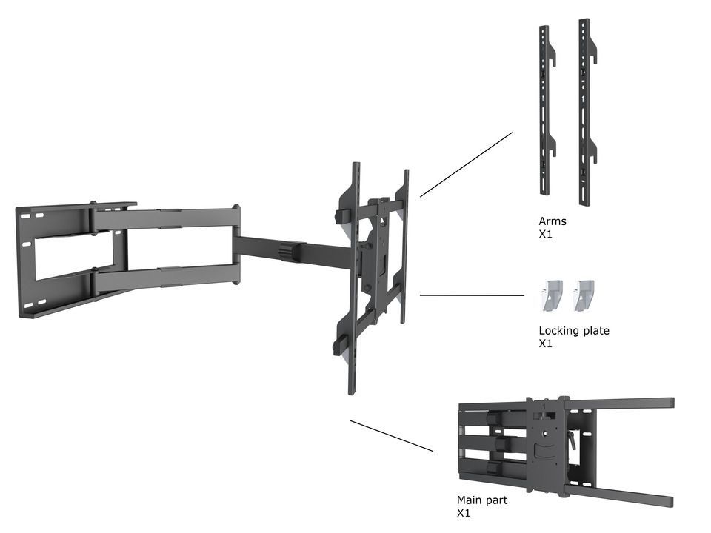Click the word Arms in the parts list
coord(552,221)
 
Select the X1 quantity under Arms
coord(545,234)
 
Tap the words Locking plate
coord(574,331)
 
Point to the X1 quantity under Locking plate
coord(545,343)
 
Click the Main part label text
coord(481,500)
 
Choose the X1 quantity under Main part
coord(463,513)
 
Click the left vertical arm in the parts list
coord(545,111)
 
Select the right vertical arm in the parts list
coord(585,111)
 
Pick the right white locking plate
coord(586,295)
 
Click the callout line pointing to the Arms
coord(466,164)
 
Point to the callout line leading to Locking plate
coord(472,295)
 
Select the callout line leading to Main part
coord(391,436)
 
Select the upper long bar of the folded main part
coord(622,403)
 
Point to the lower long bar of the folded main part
coord(622,495)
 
